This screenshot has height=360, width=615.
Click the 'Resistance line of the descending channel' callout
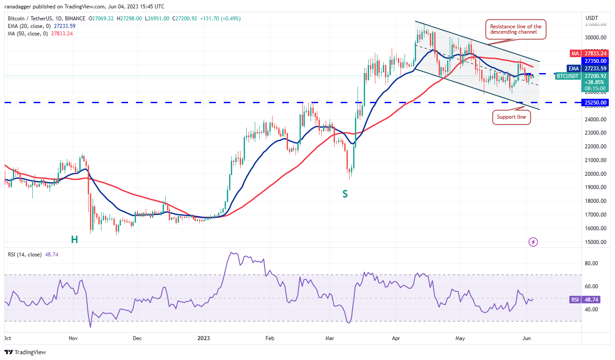[515, 30]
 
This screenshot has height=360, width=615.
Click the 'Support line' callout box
[511, 117]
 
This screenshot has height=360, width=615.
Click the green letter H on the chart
[74, 240]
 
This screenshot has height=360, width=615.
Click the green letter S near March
[345, 194]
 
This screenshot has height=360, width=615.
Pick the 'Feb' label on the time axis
[270, 338]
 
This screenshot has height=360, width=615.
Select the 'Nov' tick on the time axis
[73, 338]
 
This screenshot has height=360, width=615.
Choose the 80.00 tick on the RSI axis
[592, 263]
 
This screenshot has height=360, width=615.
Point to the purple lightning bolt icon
[533, 242]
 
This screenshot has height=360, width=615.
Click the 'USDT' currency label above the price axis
[592, 18]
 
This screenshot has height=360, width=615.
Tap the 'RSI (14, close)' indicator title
[25, 255]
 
